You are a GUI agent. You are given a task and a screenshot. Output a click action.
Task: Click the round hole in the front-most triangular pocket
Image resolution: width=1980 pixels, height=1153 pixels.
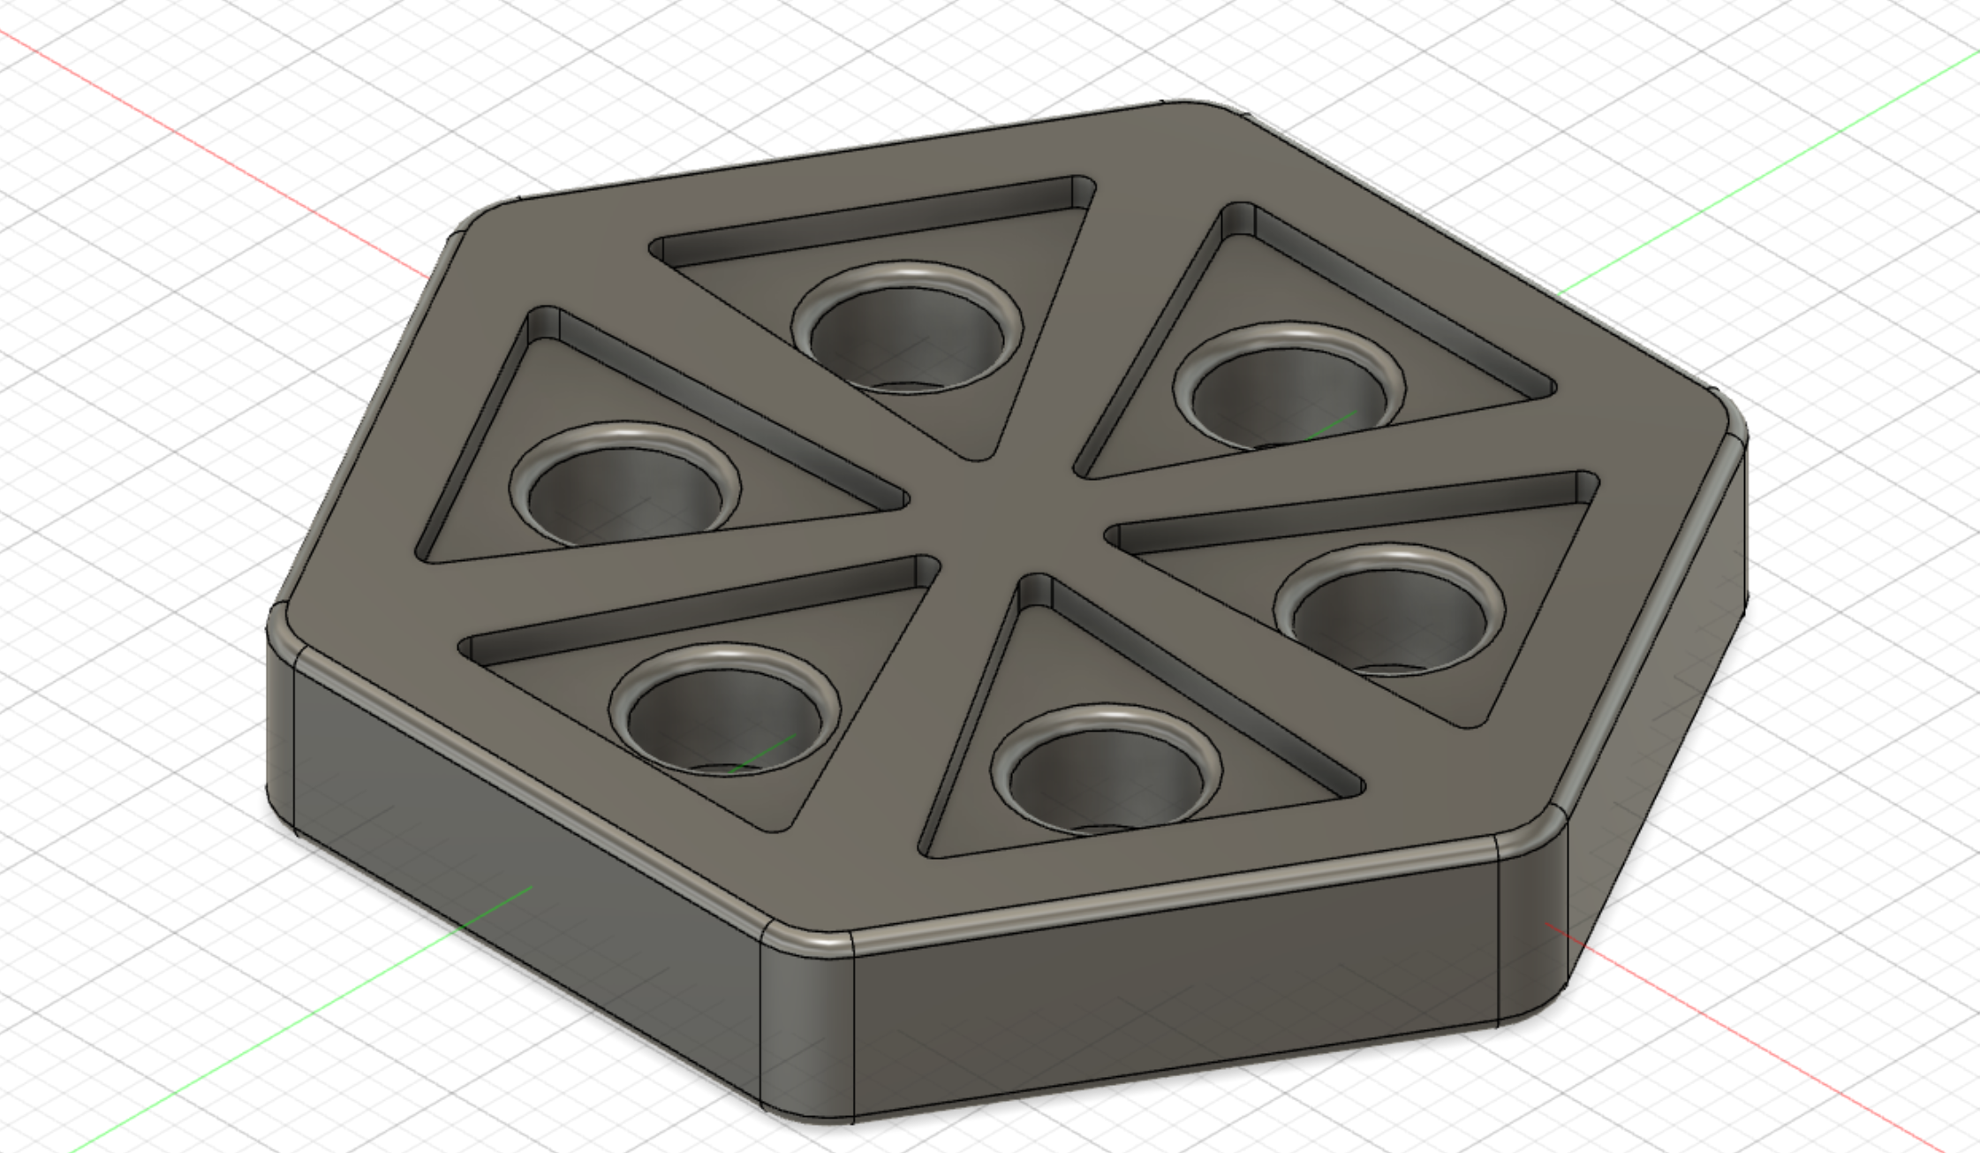click(x=1106, y=778)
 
